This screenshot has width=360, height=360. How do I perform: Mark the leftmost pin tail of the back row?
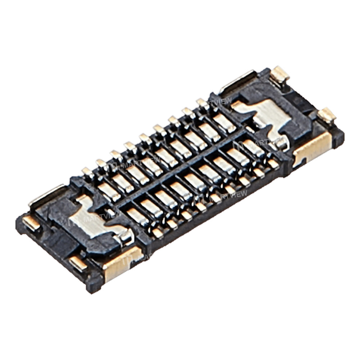(x=87, y=172)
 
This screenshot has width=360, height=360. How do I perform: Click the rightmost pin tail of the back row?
(x=202, y=103)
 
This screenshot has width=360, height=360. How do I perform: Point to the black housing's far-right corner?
(x=340, y=139)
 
